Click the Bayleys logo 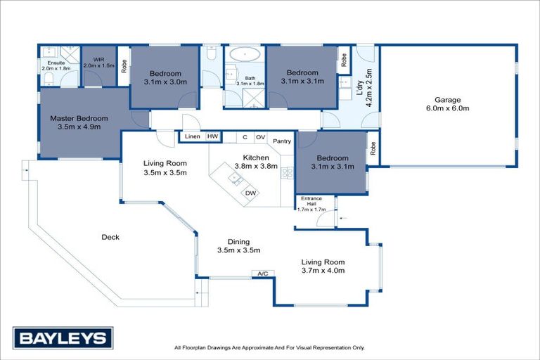63,338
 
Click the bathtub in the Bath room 244,54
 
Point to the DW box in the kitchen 250,193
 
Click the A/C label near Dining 263,274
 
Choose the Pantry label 282,140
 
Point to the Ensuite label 56,65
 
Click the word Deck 110,237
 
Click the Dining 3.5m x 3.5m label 239,245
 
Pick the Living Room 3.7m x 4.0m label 323,266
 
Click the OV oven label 260,137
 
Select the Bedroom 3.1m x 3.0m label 165,77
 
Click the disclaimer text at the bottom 269,347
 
